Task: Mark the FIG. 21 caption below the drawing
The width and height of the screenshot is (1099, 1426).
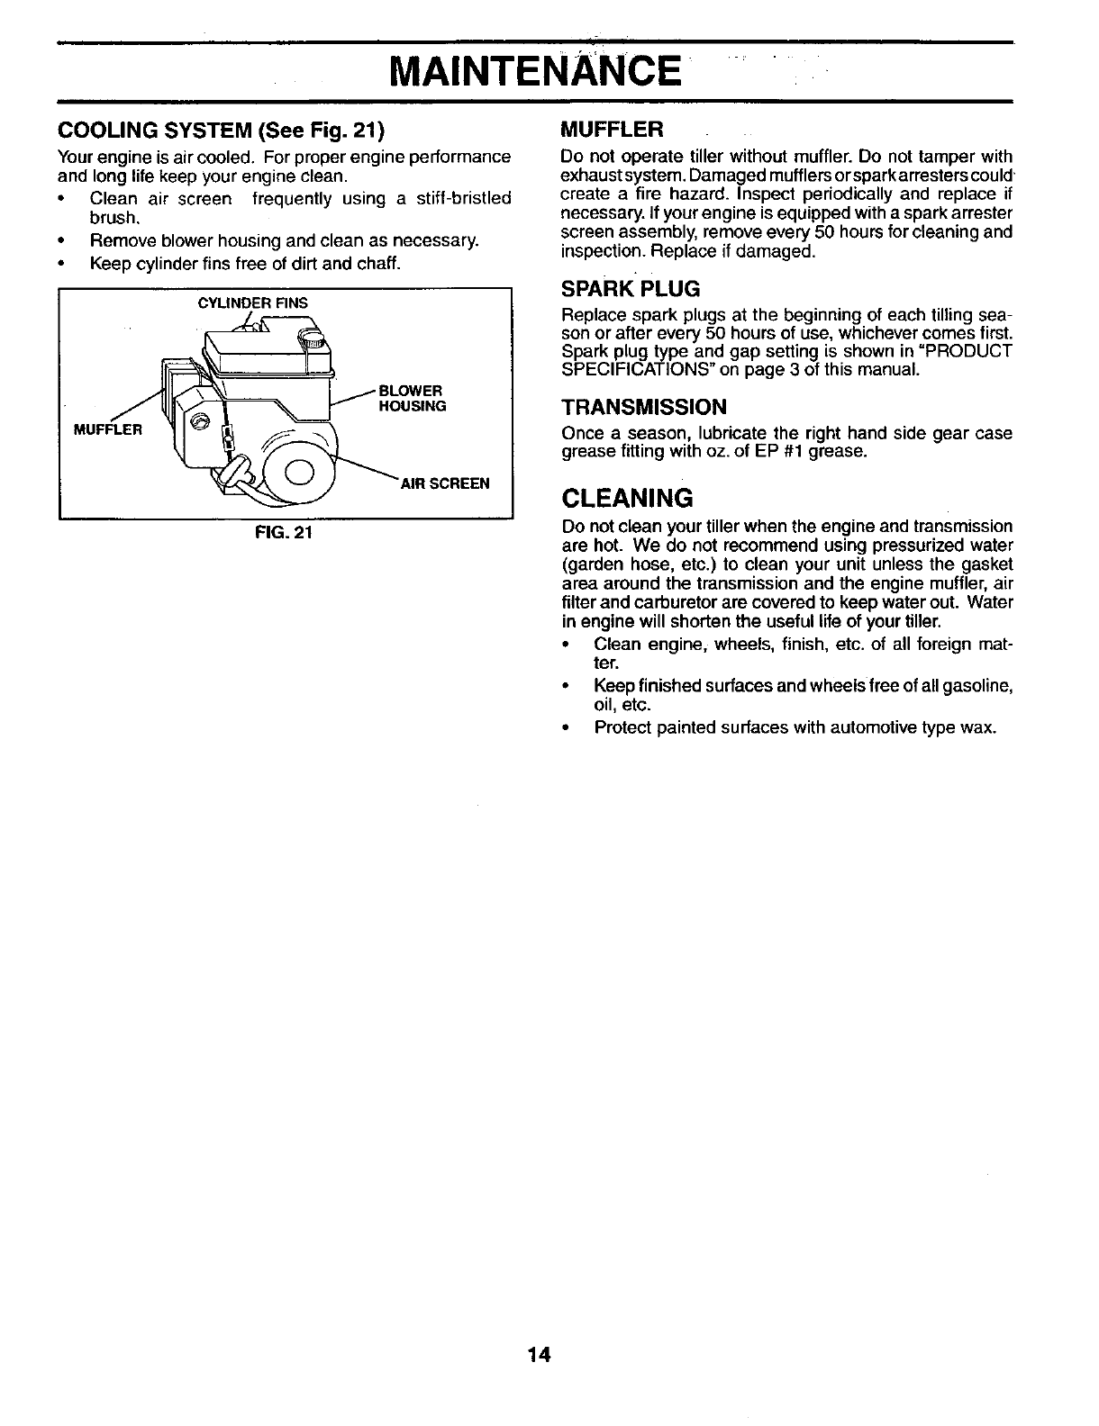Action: (x=284, y=532)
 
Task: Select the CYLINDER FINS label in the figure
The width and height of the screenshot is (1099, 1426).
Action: (x=252, y=303)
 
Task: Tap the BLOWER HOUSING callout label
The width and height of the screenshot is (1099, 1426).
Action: (x=412, y=398)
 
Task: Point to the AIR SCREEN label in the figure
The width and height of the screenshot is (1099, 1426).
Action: (x=445, y=483)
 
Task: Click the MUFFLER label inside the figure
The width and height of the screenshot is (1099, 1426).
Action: (x=107, y=429)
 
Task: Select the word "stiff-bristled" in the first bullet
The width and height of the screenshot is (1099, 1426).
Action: (x=460, y=198)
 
